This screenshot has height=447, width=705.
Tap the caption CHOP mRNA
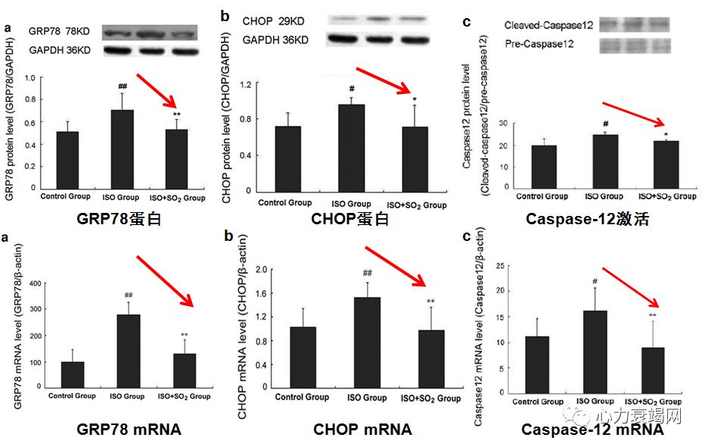[362, 430]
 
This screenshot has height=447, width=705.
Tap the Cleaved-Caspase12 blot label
[548, 26]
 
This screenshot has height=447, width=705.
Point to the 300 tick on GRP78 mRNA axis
[33, 310]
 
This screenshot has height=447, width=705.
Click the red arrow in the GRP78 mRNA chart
[166, 280]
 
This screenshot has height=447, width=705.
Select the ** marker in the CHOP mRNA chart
[430, 302]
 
